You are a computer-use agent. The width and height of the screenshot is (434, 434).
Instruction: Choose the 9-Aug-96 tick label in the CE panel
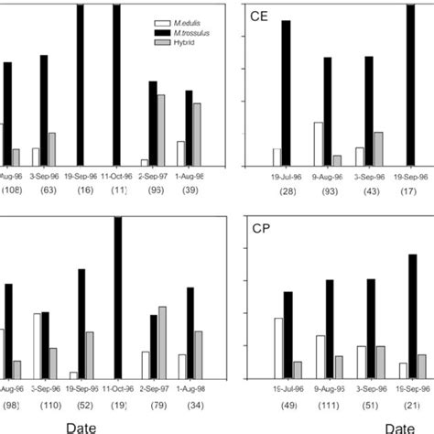pyautogui.click(x=327, y=174)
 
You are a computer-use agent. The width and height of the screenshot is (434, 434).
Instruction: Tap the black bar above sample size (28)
pyautogui.click(x=287, y=92)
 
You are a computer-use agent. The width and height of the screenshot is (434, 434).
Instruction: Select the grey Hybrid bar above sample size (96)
pyautogui.click(x=160, y=129)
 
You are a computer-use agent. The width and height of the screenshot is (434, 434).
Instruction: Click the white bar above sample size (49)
pyautogui.click(x=277, y=347)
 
